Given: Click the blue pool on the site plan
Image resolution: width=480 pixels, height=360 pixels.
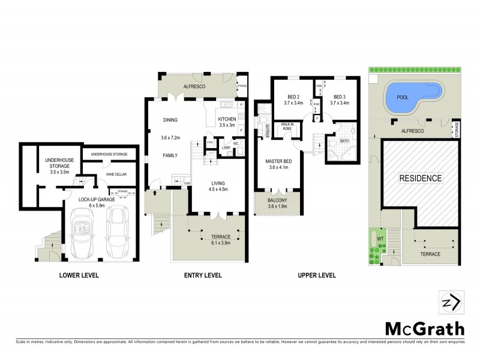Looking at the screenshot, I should click(x=413, y=95).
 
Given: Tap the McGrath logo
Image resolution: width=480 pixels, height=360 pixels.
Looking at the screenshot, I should click(x=424, y=329).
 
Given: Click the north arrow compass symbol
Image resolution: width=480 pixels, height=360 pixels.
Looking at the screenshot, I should click(x=451, y=302).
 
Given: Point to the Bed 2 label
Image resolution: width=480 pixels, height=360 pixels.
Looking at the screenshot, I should click(x=293, y=97).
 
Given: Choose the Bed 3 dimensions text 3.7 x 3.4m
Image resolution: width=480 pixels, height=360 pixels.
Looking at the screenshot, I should click(x=339, y=103).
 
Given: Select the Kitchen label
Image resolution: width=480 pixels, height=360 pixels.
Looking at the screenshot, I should click(x=227, y=119).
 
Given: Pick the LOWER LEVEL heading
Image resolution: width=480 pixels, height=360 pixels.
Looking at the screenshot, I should click(x=79, y=276).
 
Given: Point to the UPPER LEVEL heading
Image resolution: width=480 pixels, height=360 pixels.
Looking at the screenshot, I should click(x=316, y=276).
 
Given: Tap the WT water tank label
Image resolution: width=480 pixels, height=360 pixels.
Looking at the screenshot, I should click(x=379, y=239).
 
